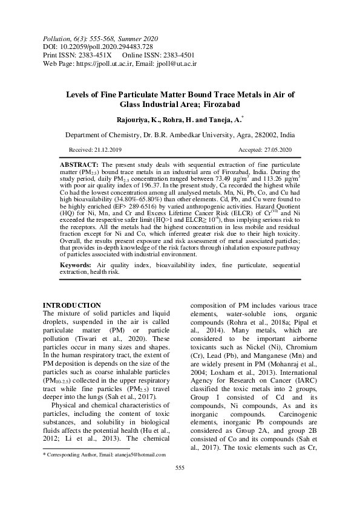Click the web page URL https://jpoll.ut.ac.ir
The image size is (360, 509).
(110, 62)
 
